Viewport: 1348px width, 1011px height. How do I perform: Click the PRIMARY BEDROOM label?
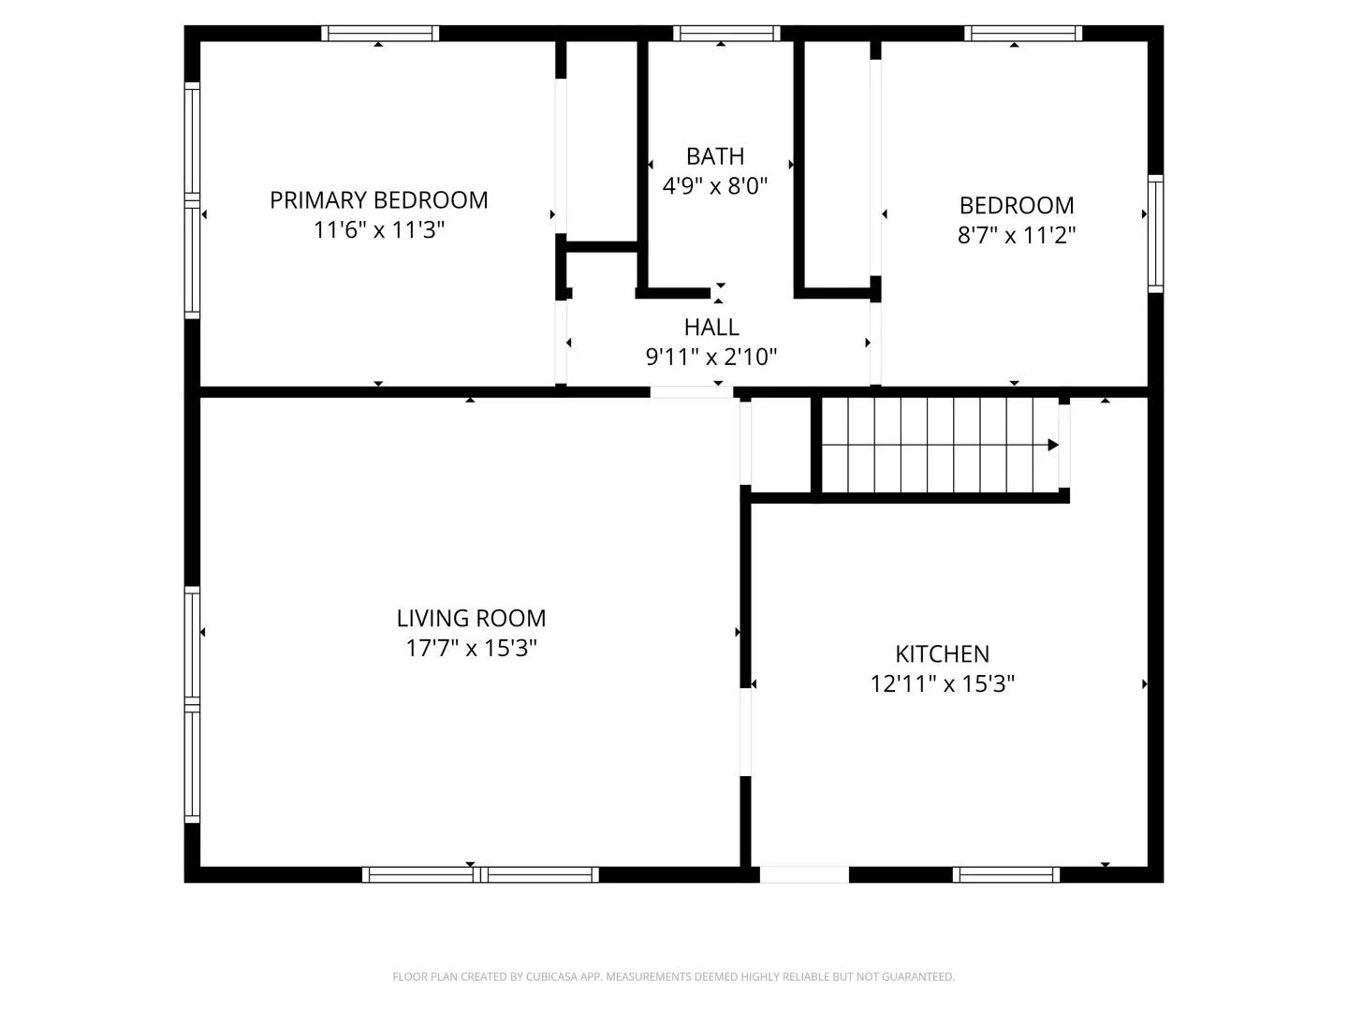click(378, 200)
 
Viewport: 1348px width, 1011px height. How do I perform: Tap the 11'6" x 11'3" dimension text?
click(378, 230)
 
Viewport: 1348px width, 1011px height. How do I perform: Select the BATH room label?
click(715, 156)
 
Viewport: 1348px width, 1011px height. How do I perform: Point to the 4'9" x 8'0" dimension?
click(715, 186)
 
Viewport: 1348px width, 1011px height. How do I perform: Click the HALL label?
click(711, 327)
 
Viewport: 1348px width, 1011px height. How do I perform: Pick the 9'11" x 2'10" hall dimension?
click(711, 357)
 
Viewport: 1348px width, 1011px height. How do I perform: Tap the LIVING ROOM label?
click(471, 618)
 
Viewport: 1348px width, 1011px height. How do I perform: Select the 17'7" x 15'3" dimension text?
click(471, 648)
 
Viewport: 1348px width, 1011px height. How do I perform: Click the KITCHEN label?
click(942, 653)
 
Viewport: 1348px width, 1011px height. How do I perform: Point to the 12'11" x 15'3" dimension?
click(942, 684)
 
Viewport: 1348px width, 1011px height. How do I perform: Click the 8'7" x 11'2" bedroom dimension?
click(1017, 235)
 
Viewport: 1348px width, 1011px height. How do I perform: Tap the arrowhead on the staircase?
click(1053, 445)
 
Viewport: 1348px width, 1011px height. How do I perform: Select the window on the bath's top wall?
click(726, 34)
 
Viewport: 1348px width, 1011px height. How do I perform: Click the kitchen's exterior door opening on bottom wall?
click(804, 874)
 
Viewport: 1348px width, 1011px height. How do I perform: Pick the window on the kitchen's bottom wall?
click(1006, 874)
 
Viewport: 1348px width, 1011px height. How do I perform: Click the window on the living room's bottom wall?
click(480, 874)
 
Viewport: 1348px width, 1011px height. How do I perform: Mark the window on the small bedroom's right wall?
click(1155, 233)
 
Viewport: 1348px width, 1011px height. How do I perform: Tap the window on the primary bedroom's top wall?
click(380, 34)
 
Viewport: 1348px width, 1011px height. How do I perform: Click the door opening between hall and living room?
click(692, 392)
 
